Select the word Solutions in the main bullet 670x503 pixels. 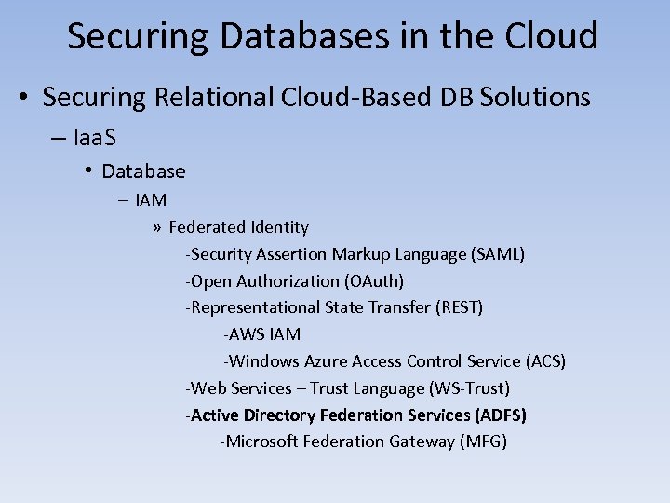535,97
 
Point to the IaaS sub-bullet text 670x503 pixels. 93,137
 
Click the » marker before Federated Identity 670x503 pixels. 157,227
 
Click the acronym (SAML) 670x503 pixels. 499,254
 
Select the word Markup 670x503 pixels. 361,254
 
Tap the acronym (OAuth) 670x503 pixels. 373,281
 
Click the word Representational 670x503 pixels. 255,307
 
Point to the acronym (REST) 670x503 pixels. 459,307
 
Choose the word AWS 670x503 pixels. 248,334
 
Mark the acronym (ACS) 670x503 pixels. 545,361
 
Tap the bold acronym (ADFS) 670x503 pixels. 501,415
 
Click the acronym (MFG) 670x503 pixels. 483,442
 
